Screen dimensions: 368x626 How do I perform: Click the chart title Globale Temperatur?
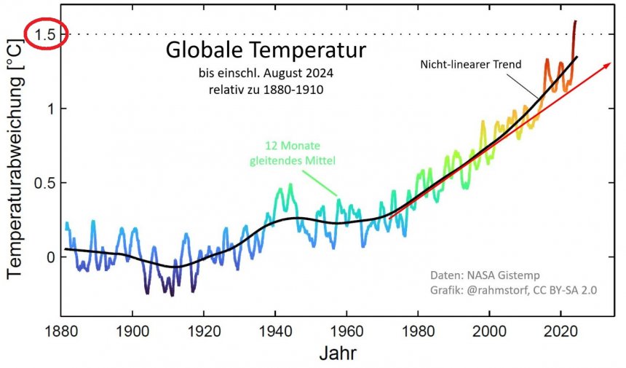click(264, 51)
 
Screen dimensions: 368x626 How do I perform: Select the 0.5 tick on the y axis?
click(45, 183)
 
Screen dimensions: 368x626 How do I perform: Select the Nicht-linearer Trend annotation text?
click(471, 64)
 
